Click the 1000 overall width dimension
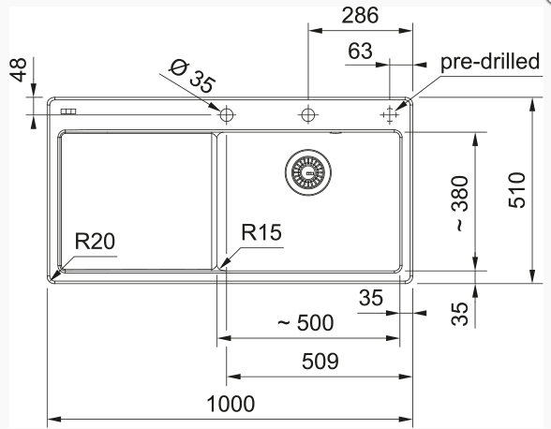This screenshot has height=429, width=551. click(x=231, y=404)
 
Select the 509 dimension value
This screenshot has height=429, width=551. click(x=320, y=362)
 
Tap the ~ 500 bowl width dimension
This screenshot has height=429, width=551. click(x=305, y=323)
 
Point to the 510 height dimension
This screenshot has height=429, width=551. click(x=517, y=190)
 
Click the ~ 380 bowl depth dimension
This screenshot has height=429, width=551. click(x=461, y=203)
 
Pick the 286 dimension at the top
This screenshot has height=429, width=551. click(x=360, y=16)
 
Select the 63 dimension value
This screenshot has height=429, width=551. click(x=360, y=51)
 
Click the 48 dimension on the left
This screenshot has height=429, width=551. click(x=18, y=69)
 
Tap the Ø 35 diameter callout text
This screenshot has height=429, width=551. click(x=192, y=77)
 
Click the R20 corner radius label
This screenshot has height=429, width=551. click(x=95, y=241)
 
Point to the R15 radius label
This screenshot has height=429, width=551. click(x=261, y=232)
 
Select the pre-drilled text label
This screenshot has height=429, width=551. click(x=490, y=62)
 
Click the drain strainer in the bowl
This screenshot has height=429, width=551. click(x=307, y=172)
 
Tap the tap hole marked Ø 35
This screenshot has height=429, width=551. click(x=227, y=114)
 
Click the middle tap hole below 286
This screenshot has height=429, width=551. click(x=308, y=114)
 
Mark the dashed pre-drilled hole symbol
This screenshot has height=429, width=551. click(x=390, y=114)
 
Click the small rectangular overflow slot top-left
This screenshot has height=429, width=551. click(x=68, y=111)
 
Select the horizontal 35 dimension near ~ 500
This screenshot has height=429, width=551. click(x=371, y=298)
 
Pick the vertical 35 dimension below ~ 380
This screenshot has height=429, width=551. click(x=460, y=314)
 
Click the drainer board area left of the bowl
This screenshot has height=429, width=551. click(x=137, y=201)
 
